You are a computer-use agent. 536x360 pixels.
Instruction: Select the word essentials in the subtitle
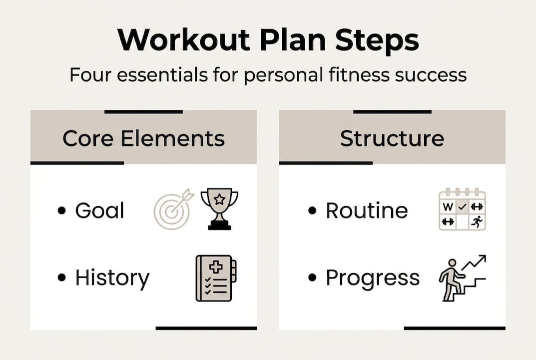tap(168, 75)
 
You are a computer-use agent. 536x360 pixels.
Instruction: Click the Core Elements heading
tap(143, 138)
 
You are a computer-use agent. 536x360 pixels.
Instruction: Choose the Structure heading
tap(392, 138)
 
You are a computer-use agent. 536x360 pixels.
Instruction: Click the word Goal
tap(99, 210)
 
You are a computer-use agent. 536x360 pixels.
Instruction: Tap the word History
tap(112, 277)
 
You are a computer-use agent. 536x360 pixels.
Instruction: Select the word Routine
tap(367, 210)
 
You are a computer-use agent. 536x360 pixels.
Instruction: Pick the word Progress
tap(373, 277)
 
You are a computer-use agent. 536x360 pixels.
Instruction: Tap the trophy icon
tap(219, 208)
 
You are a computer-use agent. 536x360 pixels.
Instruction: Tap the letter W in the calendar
tap(448, 206)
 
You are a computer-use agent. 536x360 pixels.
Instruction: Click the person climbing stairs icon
tap(462, 278)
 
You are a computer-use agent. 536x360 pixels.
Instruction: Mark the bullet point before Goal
tap(62, 211)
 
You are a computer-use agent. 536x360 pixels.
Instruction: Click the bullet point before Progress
tap(313, 278)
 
